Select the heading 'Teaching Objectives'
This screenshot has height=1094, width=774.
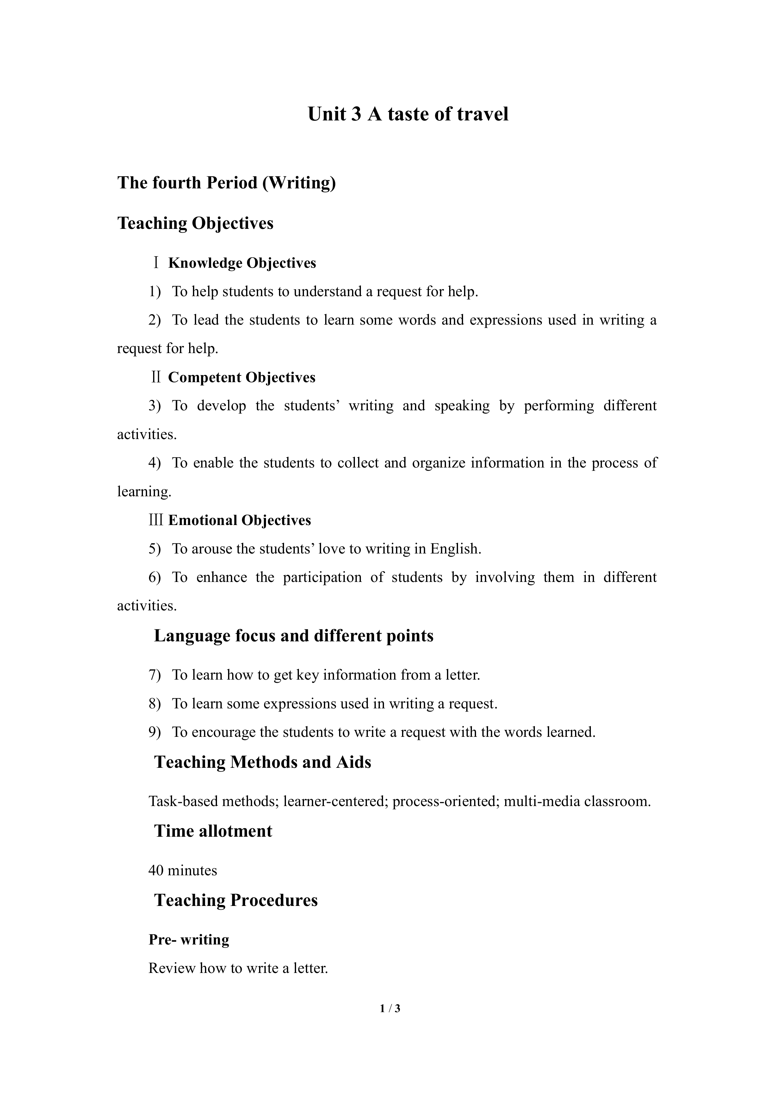coord(195,223)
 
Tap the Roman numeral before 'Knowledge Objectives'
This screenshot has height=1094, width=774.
coord(156,263)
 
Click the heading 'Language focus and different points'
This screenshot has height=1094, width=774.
coord(293,636)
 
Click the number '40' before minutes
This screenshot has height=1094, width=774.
coord(156,871)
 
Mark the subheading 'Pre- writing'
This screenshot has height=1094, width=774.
coord(189,940)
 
